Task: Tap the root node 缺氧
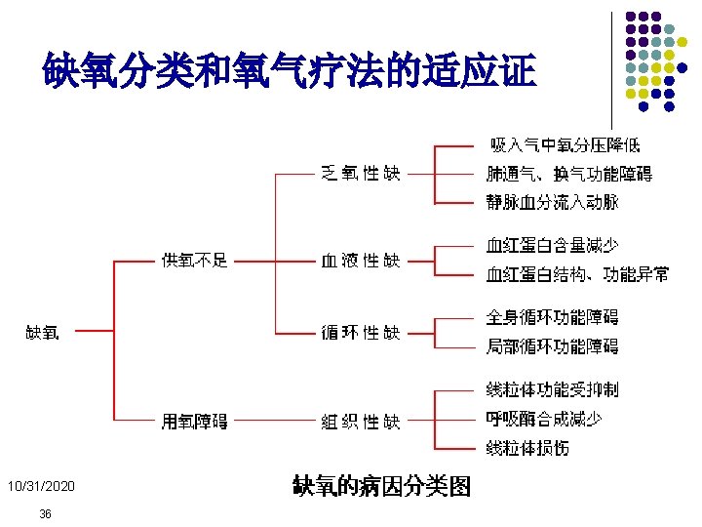pyautogui.click(x=42, y=333)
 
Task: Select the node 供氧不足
pyautogui.click(x=195, y=260)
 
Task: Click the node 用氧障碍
pyautogui.click(x=195, y=422)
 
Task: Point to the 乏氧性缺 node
pyautogui.click(x=361, y=174)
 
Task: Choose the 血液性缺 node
pyautogui.click(x=361, y=261)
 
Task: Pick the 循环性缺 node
pyautogui.click(x=361, y=333)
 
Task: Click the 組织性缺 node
pyautogui.click(x=361, y=422)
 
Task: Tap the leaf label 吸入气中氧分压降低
pyautogui.click(x=565, y=146)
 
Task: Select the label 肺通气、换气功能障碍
pyautogui.click(x=569, y=174)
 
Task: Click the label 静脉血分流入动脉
pyautogui.click(x=552, y=202)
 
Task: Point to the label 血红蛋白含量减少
pyautogui.click(x=552, y=245)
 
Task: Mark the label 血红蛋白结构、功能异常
pyautogui.click(x=578, y=274)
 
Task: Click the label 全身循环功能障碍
pyautogui.click(x=552, y=317)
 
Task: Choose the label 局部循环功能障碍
pyautogui.click(x=552, y=346)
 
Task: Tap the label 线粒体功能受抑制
pyautogui.click(x=552, y=390)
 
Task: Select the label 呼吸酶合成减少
pyautogui.click(x=543, y=419)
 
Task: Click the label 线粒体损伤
pyautogui.click(x=527, y=448)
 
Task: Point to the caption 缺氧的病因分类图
pyautogui.click(x=382, y=485)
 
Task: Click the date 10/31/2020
pyautogui.click(x=40, y=486)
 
